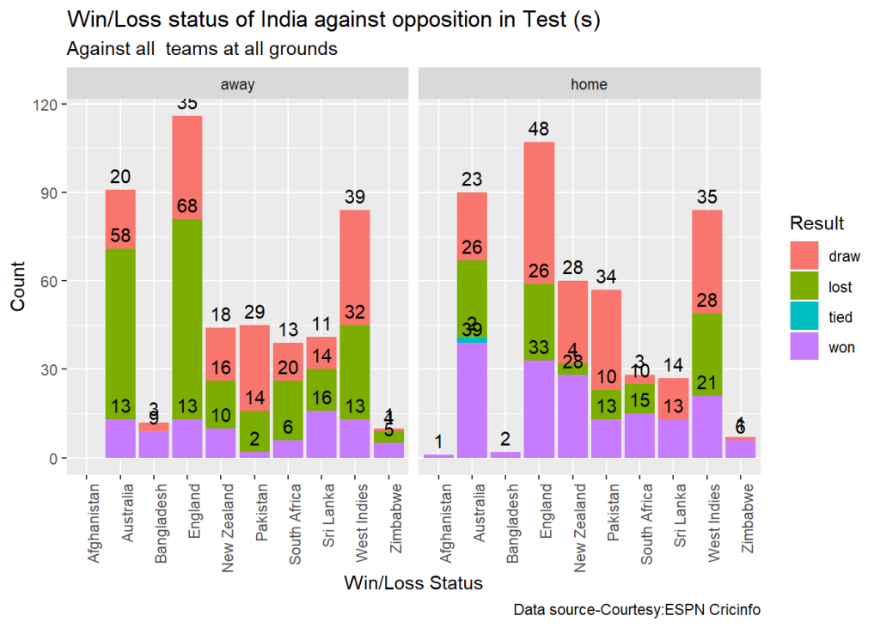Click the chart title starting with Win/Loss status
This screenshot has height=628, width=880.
[333, 21]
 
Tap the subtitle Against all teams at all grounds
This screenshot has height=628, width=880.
[202, 49]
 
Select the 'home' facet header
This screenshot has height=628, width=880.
[589, 84]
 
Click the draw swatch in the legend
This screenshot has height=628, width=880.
[806, 255]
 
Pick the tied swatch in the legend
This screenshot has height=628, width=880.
[806, 317]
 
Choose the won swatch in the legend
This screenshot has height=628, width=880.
[806, 348]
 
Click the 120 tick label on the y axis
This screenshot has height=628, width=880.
[45, 105]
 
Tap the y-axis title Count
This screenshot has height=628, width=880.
[19, 290]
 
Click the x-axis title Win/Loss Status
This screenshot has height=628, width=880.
[413, 583]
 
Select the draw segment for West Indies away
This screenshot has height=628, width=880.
[354, 258]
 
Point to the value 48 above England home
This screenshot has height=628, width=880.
[539, 130]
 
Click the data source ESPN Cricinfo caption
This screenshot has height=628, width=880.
[637, 610]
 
